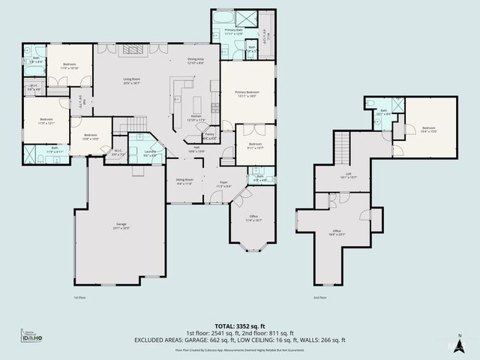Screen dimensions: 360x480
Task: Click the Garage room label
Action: [x=121, y=226]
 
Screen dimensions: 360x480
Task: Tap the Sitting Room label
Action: [x=184, y=181]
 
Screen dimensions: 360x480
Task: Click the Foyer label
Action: [x=223, y=184]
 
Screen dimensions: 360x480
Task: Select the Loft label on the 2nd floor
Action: [x=347, y=176]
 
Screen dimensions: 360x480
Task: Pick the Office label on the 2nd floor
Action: [x=337, y=232]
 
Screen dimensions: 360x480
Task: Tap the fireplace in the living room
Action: [x=132, y=50]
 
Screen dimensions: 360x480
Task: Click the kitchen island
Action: [x=196, y=104]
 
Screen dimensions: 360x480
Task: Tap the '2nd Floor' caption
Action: [x=319, y=298]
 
